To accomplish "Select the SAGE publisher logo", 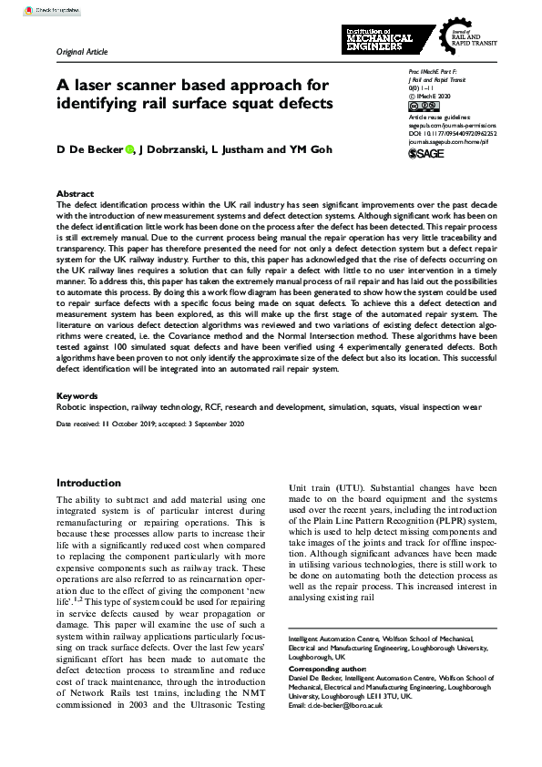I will coord(427,155).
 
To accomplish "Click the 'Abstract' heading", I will coord(75,195).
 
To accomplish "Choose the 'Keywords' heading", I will coord(77,396).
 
